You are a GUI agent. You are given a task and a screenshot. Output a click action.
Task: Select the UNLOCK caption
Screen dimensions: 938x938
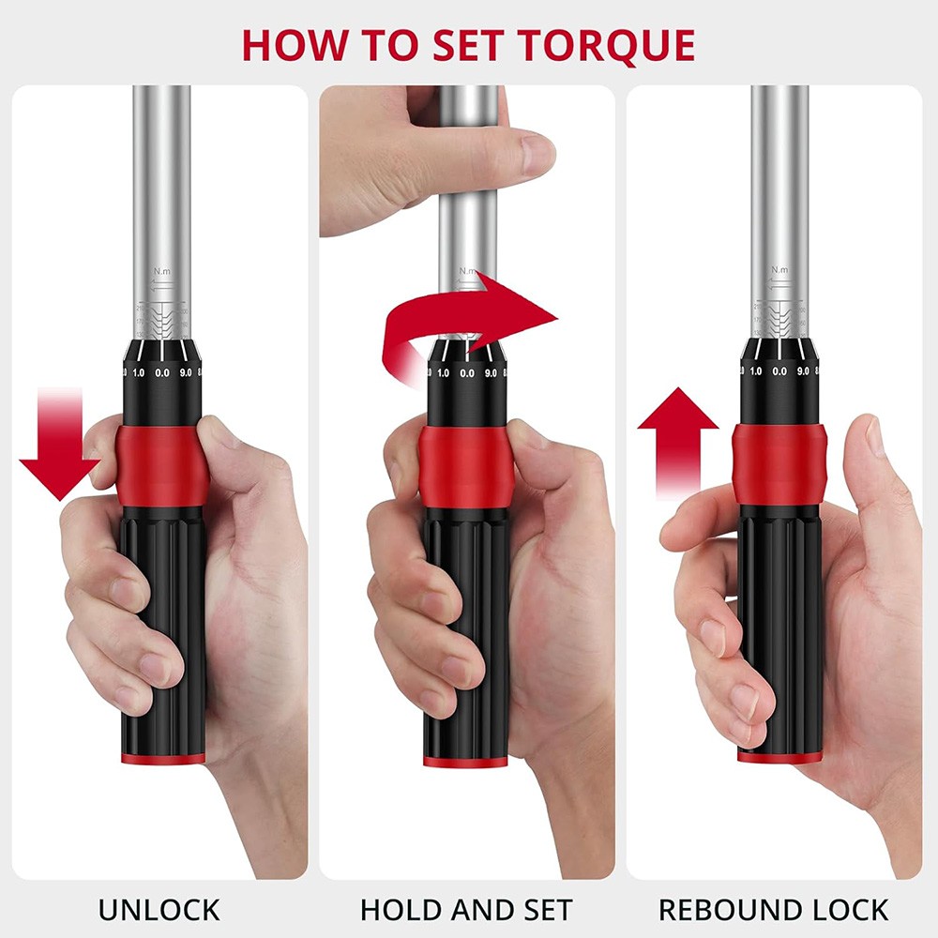point(159,909)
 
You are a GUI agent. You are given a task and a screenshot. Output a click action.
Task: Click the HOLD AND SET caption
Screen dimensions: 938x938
point(466,909)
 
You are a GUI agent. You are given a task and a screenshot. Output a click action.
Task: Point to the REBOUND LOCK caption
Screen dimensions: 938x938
point(773,909)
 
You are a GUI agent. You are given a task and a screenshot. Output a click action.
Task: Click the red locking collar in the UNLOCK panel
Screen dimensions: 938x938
point(161,465)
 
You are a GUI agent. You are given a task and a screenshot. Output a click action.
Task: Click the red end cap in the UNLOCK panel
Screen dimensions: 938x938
point(161,757)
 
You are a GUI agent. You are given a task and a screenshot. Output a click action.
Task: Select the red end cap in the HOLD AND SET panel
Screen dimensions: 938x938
point(466,760)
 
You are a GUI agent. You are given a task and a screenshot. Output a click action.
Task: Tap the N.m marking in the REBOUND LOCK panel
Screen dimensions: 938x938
point(779,270)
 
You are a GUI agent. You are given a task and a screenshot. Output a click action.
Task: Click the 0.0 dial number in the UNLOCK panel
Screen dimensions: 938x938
point(161,373)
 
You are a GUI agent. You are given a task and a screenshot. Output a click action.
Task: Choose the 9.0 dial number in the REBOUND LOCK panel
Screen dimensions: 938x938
point(803,372)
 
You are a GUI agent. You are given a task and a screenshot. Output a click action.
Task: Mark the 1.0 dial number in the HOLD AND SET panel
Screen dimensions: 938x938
point(443,373)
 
